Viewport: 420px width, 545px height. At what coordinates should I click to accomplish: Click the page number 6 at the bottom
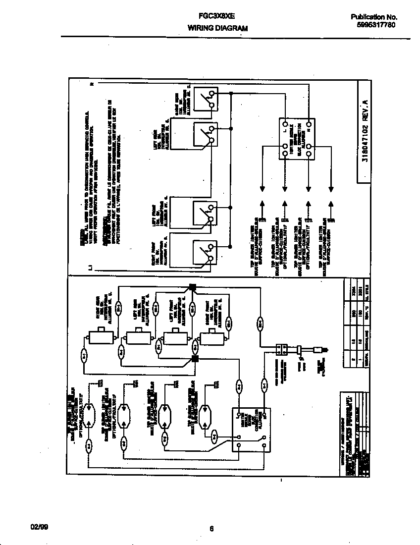(x=211, y=528)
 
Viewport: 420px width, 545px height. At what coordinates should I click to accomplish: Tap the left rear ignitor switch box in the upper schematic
(x=205, y=135)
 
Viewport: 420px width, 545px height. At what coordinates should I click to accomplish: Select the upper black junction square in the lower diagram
(x=193, y=287)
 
